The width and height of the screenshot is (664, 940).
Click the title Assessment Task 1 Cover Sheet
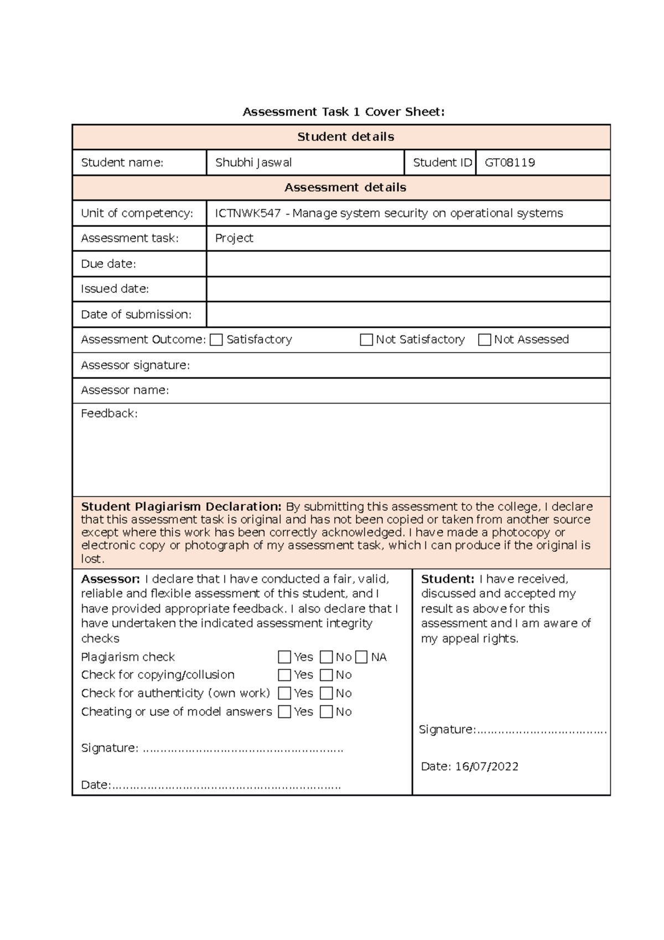(x=343, y=112)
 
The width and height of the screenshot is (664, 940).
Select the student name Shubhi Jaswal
(x=253, y=163)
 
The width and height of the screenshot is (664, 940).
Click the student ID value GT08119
(x=510, y=163)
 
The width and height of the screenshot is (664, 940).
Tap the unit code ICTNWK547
(x=247, y=213)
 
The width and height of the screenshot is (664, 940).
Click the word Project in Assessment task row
(x=234, y=238)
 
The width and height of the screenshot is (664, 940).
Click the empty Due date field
(x=408, y=264)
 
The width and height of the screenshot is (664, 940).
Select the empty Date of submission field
(x=408, y=314)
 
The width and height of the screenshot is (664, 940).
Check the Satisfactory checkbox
(x=216, y=340)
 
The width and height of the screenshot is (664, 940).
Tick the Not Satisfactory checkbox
(x=366, y=340)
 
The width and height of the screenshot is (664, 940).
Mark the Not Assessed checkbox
(x=484, y=340)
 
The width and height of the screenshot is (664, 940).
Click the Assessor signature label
(x=135, y=365)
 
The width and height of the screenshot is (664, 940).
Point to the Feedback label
(x=109, y=414)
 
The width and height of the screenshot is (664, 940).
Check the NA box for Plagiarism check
(x=361, y=657)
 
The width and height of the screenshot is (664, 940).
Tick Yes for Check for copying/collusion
(x=284, y=675)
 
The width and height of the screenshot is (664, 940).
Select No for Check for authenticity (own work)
(x=326, y=693)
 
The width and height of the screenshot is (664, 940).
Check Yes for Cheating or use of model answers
(x=284, y=712)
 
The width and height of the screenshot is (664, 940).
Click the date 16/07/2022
(x=486, y=767)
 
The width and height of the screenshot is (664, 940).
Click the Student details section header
(x=345, y=137)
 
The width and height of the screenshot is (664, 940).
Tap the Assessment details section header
(x=345, y=188)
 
